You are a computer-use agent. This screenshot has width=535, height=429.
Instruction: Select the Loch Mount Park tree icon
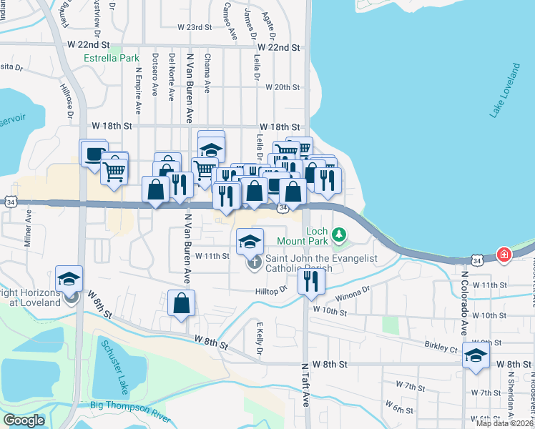[x=340, y=233]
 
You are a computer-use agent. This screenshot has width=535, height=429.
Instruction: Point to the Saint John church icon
[x=254, y=262]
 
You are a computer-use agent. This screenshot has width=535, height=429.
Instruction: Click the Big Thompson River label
[x=129, y=405]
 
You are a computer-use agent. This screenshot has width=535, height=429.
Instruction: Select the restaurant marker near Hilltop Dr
[x=310, y=281]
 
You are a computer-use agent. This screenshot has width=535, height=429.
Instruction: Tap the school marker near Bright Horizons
[x=69, y=278]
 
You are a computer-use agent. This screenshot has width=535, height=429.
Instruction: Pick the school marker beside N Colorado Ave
[x=476, y=355]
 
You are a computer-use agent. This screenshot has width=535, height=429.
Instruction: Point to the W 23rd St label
[x=195, y=27]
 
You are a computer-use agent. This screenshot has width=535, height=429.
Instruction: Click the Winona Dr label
[x=353, y=292]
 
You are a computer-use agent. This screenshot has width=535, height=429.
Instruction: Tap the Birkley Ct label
[x=441, y=347]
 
